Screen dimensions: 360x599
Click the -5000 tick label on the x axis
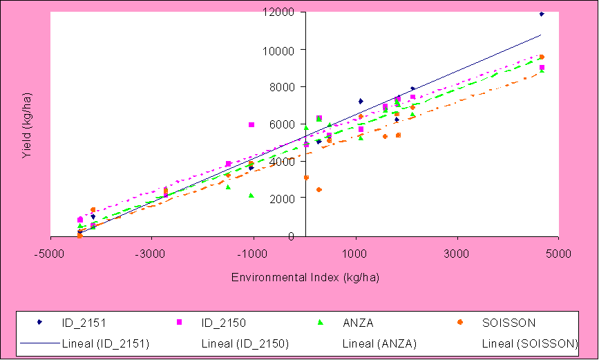pos(50,254)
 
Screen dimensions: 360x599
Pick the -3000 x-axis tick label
pos(152,254)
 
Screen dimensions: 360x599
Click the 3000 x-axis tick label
pos(457,254)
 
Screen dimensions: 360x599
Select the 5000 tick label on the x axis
pos(559,254)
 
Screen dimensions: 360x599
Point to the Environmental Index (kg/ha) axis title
pos(305,277)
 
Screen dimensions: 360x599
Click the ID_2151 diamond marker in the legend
pos(39,322)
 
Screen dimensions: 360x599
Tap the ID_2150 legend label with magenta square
pos(222,322)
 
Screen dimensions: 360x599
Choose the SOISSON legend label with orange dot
pos(508,322)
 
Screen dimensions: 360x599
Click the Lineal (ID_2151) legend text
pos(106,343)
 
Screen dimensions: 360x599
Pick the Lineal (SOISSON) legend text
pos(529,343)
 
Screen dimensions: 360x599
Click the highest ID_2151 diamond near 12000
pos(542,14)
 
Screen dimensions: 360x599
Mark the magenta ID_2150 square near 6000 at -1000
pos(251,124)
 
